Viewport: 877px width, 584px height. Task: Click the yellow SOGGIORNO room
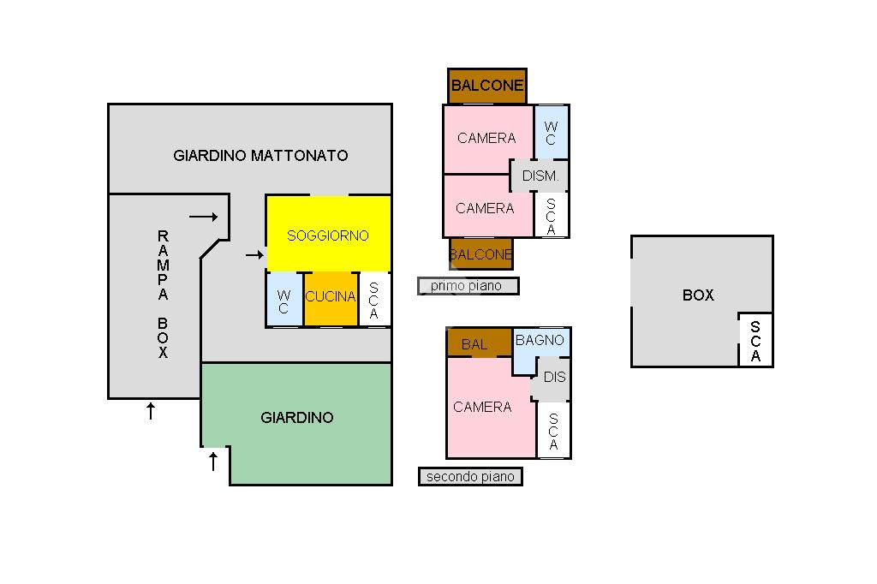pos(328,235)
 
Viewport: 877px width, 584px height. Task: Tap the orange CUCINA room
pos(331,297)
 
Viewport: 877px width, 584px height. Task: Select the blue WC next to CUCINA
pos(283,301)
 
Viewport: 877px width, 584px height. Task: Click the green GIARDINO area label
pos(296,418)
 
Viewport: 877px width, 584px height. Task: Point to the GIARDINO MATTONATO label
pos(260,156)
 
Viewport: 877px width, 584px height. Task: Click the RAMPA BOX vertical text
pos(163,294)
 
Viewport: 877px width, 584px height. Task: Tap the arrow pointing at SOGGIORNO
pos(254,254)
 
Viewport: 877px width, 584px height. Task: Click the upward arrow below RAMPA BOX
pos(151,411)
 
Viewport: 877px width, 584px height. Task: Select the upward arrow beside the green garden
pos(213,462)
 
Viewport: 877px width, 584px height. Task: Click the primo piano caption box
pos(468,286)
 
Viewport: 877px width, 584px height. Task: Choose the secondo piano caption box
pos(470,477)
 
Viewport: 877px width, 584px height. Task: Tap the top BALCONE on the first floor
pos(486,86)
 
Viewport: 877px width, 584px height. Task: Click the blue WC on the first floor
pos(550,133)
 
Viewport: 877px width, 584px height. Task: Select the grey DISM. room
pos(540,176)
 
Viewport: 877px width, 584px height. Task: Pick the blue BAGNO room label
pos(540,341)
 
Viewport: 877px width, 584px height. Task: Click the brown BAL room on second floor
pos(475,344)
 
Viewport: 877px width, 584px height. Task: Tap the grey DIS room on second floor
pos(554,378)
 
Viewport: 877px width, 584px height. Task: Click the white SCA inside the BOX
pos(755,341)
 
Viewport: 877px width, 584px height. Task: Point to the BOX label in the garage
pos(698,295)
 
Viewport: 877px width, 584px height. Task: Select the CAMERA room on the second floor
pos(482,408)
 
